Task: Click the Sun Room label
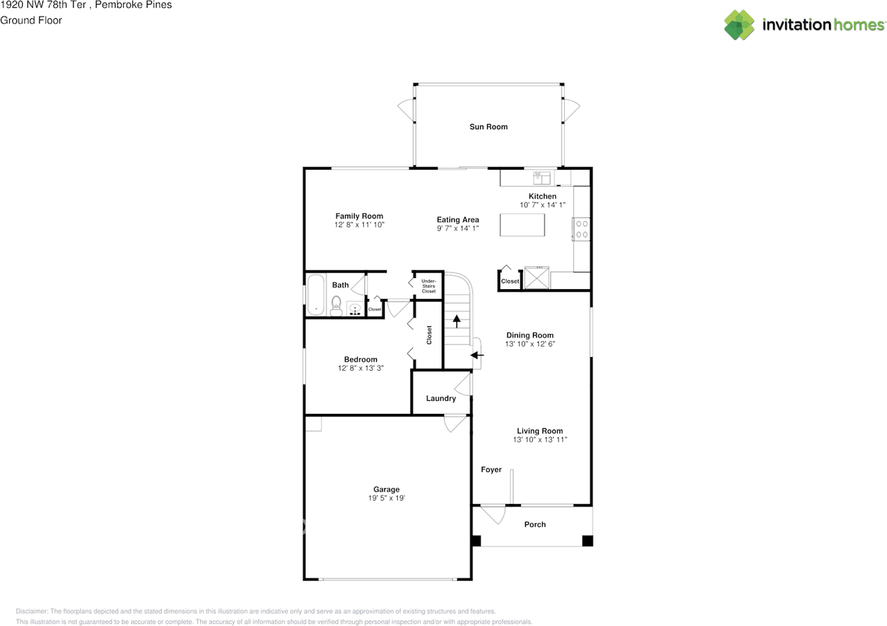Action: point(489,127)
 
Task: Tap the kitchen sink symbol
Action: point(542,178)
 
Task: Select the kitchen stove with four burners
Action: point(581,229)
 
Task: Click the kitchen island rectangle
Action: point(522,225)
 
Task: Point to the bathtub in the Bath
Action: point(315,295)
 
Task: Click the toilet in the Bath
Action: point(336,306)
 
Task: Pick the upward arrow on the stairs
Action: point(457,321)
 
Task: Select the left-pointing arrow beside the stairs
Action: point(477,355)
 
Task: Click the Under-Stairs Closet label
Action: point(428,286)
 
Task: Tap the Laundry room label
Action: point(441,398)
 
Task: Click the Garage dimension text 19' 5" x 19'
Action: point(387,498)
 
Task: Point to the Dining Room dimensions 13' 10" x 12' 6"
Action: point(530,344)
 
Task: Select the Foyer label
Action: point(491,469)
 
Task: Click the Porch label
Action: point(535,525)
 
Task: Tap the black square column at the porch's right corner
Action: point(587,541)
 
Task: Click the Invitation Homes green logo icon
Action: point(739,25)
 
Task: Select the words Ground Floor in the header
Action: point(31,20)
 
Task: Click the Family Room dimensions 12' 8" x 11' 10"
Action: point(359,225)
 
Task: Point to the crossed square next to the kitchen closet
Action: point(536,278)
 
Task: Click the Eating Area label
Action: point(458,220)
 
